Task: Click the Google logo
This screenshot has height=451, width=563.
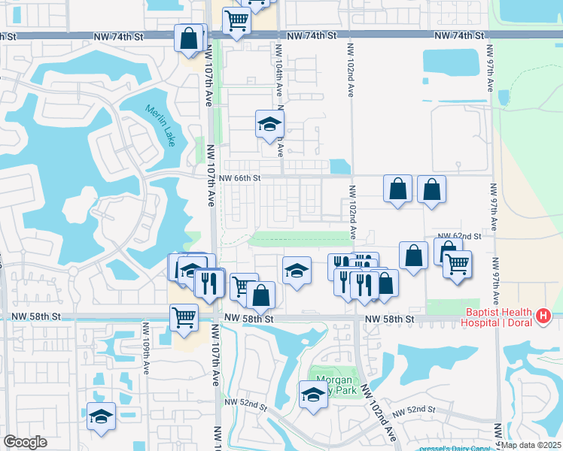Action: click(25, 442)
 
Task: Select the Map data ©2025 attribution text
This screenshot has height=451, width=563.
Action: click(531, 445)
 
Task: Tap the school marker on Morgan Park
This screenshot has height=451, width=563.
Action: click(313, 394)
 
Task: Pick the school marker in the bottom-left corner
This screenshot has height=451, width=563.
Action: click(100, 416)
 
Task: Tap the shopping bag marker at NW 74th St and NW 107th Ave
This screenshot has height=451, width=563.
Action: click(188, 38)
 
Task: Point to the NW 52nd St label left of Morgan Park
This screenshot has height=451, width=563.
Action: click(246, 404)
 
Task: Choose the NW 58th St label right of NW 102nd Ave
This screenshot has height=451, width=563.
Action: click(390, 319)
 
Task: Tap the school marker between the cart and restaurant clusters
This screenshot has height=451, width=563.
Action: click(297, 271)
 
